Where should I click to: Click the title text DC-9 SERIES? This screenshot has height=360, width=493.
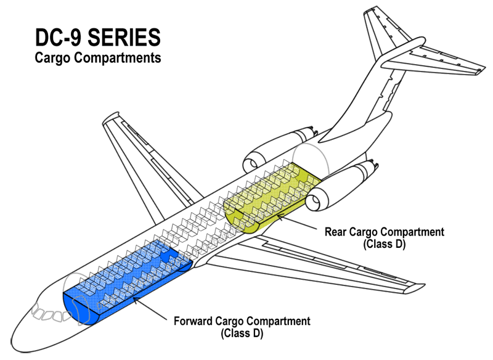(x=98, y=38)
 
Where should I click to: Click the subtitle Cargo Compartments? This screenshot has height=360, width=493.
(x=98, y=58)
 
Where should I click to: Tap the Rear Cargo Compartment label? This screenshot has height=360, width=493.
(x=384, y=232)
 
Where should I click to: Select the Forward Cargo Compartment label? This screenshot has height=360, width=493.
(x=242, y=321)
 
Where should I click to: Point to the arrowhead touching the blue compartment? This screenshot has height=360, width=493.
(x=136, y=300)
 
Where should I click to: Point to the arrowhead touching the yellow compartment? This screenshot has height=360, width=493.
(x=279, y=216)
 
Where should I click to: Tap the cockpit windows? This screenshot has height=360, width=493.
(x=50, y=313)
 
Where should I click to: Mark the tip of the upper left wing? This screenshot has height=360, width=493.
(x=111, y=117)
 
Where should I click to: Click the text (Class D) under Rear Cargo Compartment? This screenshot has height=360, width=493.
(x=384, y=244)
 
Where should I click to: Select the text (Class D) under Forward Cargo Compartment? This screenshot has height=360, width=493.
(x=242, y=333)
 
